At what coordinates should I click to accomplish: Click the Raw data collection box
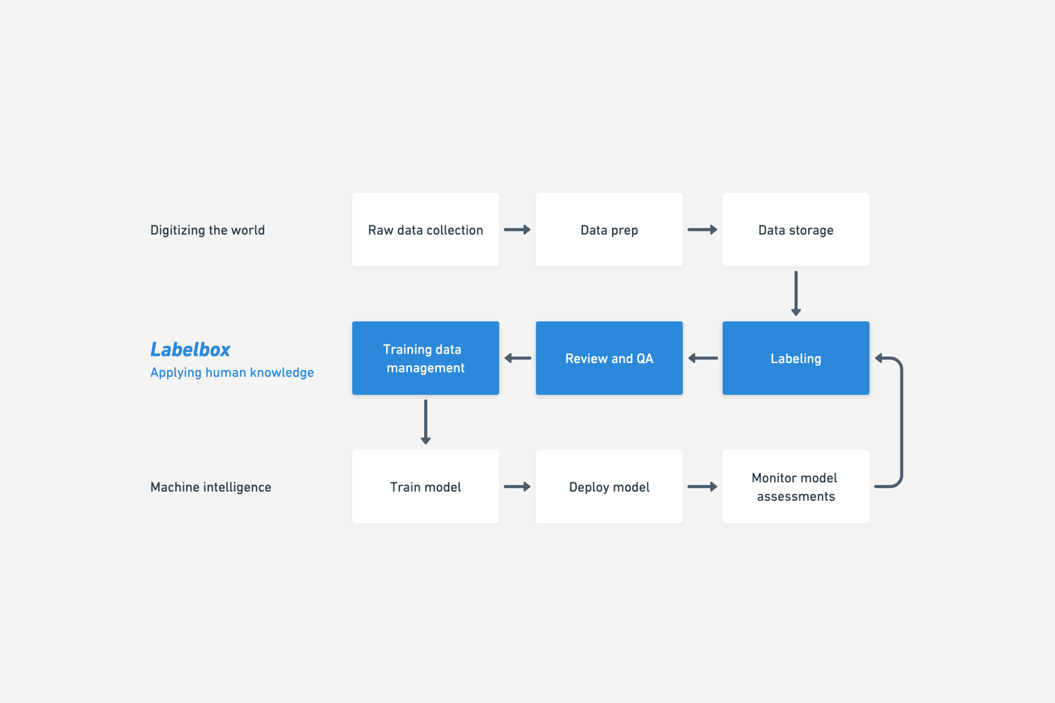coord(426,230)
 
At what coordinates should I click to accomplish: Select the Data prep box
coord(609,230)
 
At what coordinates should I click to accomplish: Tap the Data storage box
coord(796,230)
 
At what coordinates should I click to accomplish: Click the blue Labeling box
coord(796,358)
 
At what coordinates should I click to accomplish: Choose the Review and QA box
coord(609,358)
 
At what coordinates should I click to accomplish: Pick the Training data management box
coord(426,358)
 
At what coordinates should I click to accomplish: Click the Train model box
coord(426,487)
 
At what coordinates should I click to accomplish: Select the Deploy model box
coord(609,487)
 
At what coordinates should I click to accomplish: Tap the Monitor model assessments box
coord(796,487)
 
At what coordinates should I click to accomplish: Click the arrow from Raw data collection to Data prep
coord(518,230)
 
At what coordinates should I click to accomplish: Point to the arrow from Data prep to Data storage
coord(702,230)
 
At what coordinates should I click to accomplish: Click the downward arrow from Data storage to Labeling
coord(796,293)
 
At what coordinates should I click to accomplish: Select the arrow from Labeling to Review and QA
coord(703,358)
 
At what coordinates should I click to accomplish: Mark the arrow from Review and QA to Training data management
coord(518,358)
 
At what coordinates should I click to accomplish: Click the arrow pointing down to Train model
coord(425,422)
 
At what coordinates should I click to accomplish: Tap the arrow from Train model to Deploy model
coord(518,487)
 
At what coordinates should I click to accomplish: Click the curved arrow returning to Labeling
coord(902,422)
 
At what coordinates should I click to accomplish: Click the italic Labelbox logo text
coord(190,349)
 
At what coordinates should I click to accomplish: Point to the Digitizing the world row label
coord(208,230)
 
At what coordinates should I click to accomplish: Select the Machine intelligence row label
coord(211,487)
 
